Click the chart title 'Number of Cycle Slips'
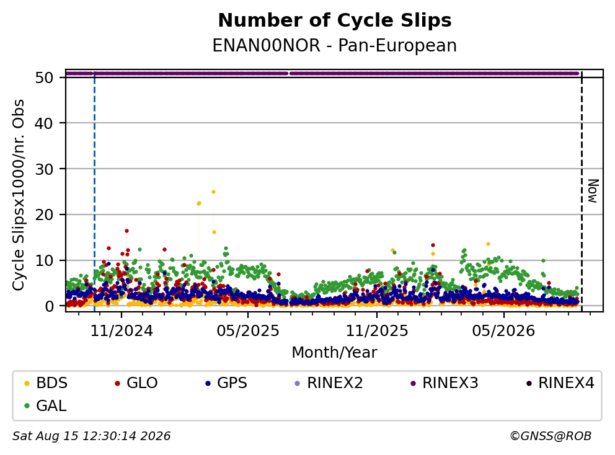click(335, 20)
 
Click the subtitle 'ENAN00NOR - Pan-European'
click(335, 45)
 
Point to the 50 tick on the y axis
click(44, 77)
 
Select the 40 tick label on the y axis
click(44, 123)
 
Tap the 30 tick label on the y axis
click(44, 169)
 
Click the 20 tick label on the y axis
click(44, 214)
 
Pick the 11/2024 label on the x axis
click(122, 331)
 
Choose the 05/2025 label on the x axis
click(248, 331)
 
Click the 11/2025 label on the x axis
click(376, 331)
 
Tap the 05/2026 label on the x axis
click(503, 331)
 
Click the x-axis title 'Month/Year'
click(334, 352)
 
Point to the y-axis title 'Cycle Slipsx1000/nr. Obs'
click(19, 195)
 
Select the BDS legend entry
click(46, 383)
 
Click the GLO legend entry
click(136, 383)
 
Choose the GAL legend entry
click(45, 405)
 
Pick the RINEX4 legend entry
click(560, 383)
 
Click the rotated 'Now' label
click(593, 191)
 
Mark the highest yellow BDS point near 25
click(213, 192)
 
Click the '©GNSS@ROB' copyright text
click(551, 436)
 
